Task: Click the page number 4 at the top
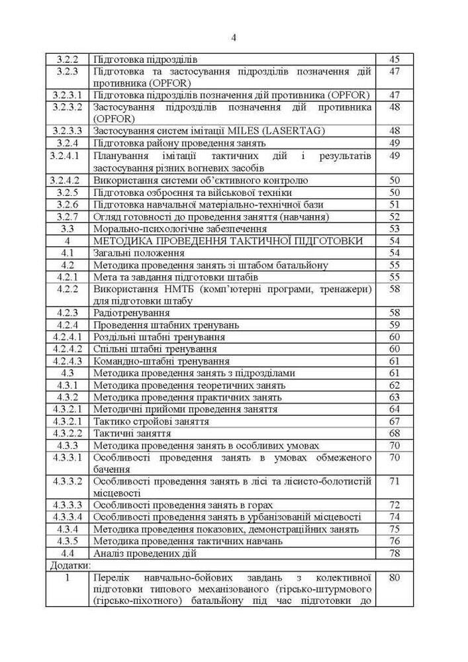pos(234,37)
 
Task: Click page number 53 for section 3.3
pos(395,228)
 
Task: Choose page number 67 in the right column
pos(395,421)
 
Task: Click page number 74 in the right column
pos(395,516)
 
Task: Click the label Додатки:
pos(70,565)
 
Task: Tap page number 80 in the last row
pos(395,577)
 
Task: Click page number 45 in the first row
pos(395,60)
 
